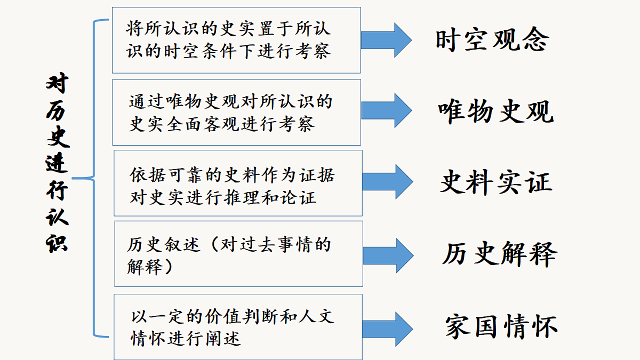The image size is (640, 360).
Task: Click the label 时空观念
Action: pos(492,39)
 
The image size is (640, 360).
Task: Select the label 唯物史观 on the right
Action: pos(495,111)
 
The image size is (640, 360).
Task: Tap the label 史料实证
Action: pos(497,182)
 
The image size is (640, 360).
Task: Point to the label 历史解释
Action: pos(499,254)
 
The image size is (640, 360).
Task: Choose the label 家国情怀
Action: pos(501,326)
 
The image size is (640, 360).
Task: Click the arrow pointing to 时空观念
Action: pos(386,41)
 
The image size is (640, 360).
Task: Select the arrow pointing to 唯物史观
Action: pos(386,110)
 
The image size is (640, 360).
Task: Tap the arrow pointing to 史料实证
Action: pos(387,182)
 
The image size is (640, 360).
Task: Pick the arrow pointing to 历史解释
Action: pos(388,255)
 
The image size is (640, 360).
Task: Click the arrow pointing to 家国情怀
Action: pos(387,329)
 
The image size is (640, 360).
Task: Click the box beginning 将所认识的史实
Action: pos(236,41)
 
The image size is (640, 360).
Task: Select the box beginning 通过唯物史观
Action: pos(237,113)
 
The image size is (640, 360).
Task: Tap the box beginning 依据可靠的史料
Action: pos(238,183)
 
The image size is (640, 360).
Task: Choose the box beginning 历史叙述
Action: pos(238,254)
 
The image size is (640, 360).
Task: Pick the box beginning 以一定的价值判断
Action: pos(238,327)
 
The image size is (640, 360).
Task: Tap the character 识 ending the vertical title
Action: pos(57,243)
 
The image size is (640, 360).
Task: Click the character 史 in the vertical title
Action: pos(58,137)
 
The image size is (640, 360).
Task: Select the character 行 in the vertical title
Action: pos(57,190)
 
